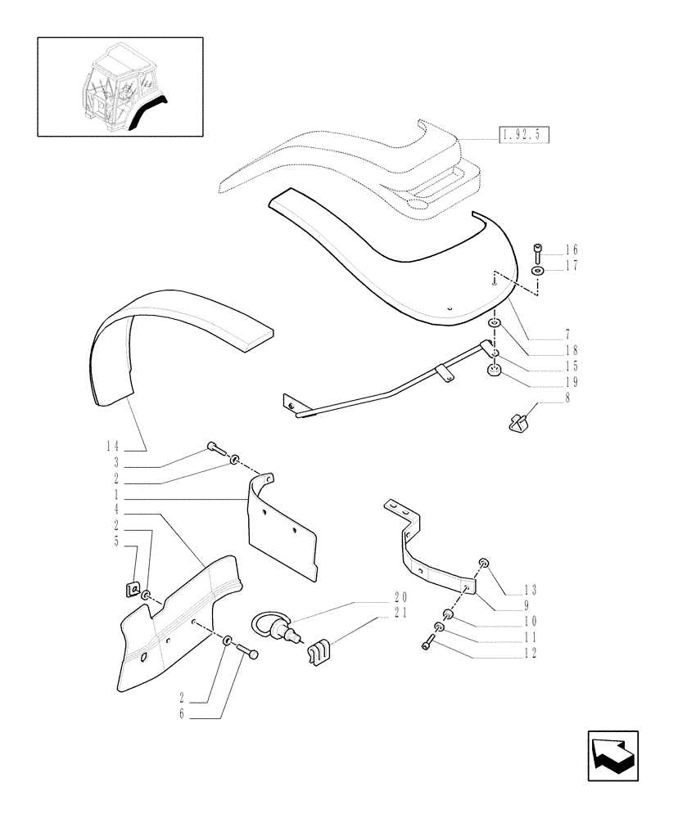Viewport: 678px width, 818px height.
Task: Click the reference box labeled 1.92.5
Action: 524,135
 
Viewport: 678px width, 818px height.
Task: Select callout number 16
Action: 571,249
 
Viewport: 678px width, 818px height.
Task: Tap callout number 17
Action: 571,266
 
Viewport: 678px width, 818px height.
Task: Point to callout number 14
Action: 112,447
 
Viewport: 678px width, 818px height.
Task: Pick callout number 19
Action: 571,382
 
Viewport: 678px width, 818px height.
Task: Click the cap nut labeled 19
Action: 495,373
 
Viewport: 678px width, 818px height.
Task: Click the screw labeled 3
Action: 214,447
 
